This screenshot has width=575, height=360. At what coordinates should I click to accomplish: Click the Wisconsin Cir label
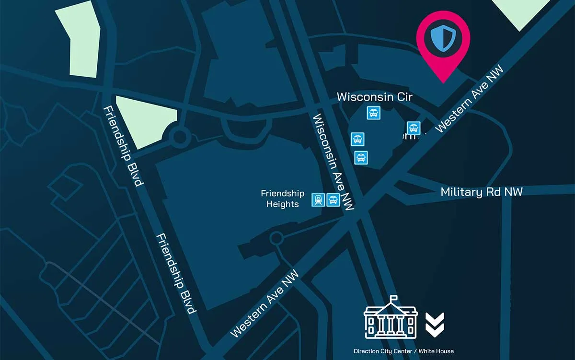(x=374, y=96)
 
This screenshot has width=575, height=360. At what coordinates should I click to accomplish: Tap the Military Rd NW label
(x=481, y=192)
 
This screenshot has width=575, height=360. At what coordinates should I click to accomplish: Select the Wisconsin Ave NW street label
(x=333, y=163)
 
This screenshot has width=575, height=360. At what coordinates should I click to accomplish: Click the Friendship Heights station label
(x=282, y=198)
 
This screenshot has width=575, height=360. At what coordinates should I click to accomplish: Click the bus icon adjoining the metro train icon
(x=333, y=200)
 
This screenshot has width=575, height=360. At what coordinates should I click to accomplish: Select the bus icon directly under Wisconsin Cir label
(x=374, y=114)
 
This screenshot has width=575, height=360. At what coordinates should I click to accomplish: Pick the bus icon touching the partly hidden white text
(x=414, y=128)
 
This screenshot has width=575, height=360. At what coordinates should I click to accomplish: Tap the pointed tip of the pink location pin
(x=443, y=81)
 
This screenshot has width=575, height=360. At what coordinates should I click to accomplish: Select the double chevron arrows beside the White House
(x=435, y=324)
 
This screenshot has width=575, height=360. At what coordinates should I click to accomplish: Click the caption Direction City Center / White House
(x=403, y=351)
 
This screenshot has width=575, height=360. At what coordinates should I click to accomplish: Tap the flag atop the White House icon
(x=393, y=298)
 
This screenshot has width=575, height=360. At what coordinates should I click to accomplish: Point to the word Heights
(x=282, y=204)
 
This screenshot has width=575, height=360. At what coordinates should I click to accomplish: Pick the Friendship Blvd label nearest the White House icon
(x=176, y=273)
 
